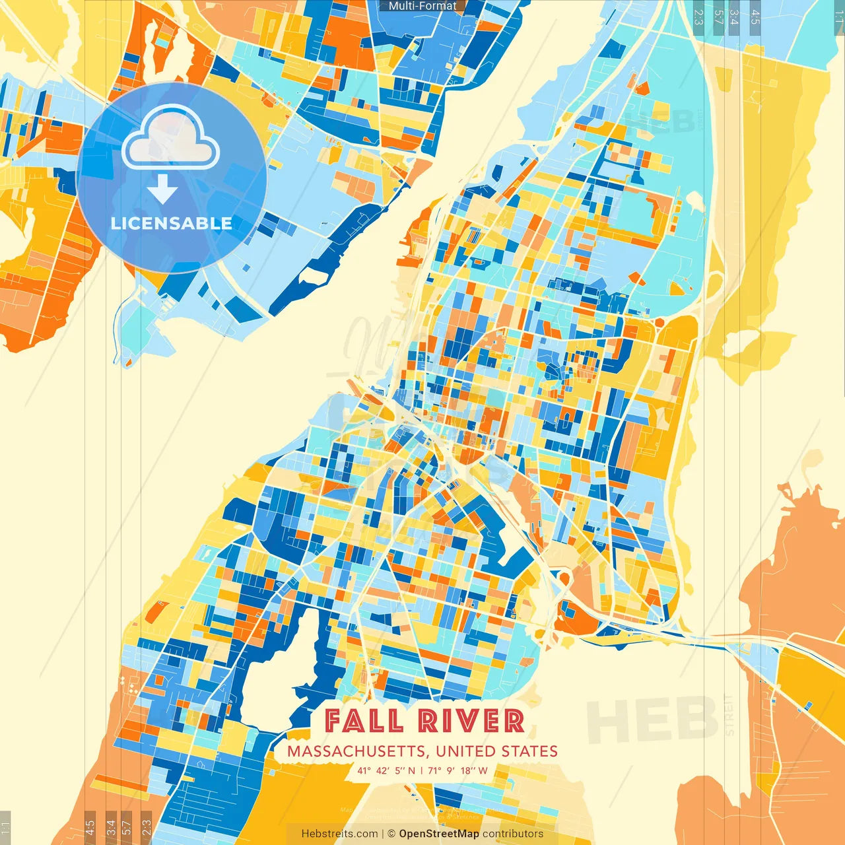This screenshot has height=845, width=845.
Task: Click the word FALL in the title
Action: click(363, 721)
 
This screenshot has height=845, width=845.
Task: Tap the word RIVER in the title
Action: click(471, 721)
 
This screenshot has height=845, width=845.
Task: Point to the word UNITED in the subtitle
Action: click(466, 751)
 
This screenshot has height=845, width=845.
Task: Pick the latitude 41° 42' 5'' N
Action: click(386, 770)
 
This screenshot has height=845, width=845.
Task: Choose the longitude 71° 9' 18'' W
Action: click(457, 770)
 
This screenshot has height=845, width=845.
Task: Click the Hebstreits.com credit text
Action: click(340, 834)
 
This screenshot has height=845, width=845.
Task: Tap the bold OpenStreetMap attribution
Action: click(439, 834)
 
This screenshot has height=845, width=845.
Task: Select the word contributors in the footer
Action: click(513, 834)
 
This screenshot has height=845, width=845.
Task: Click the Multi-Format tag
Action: click(422, 6)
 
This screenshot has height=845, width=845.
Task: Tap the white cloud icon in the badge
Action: click(171, 139)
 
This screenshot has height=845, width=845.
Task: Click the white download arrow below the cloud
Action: click(162, 190)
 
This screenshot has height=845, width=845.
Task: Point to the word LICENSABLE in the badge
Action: click(172, 223)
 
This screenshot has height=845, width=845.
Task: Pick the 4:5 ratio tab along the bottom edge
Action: click(90, 827)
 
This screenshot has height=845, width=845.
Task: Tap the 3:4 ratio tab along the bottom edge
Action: click(111, 827)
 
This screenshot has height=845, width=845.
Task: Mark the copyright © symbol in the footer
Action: click(391, 834)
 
